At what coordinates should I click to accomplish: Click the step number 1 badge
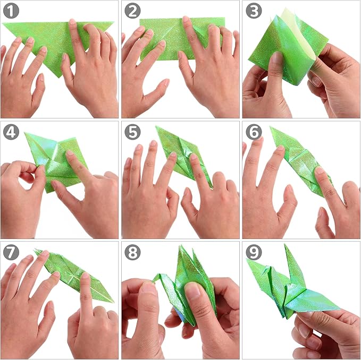coord(11,11)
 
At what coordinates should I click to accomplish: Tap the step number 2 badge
coord(132,11)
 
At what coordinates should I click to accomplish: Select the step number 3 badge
coord(254,11)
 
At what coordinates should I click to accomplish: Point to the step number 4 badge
coord(11,132)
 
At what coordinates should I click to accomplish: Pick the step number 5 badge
coord(132,132)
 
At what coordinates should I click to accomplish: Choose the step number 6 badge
coord(254,132)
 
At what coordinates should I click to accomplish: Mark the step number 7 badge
coord(11,252)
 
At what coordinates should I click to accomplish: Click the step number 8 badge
coord(132,252)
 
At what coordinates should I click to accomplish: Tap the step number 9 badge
coord(254,252)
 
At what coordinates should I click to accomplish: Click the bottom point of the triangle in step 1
coord(59,78)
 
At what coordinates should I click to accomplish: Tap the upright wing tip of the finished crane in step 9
coord(285,245)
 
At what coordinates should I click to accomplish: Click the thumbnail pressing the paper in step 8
coord(192,290)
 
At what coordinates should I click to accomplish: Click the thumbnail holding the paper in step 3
coord(277,57)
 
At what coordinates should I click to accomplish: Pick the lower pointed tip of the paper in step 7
coord(113,302)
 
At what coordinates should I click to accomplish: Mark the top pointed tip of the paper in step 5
coord(156,126)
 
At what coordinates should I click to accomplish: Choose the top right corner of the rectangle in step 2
coord(225,18)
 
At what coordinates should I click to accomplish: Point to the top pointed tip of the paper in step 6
coord(271,127)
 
